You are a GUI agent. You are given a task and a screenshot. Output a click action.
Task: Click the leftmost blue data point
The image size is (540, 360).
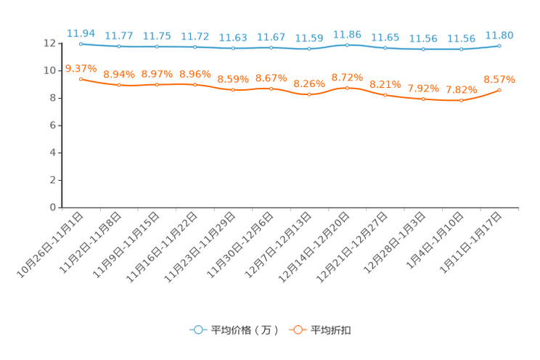coord(81,44)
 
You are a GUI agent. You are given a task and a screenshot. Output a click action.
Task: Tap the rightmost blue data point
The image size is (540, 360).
coord(499,46)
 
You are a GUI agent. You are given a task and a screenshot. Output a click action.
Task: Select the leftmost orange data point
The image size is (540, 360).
coord(81,78)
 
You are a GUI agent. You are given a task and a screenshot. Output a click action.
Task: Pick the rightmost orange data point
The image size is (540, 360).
coord(499,90)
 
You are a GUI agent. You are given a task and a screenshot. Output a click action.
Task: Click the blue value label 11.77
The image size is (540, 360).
coord(118,35)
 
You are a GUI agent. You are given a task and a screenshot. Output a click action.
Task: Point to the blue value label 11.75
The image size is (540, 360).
coord(157,35)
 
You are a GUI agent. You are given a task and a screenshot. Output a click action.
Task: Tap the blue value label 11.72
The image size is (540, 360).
coord(195,35)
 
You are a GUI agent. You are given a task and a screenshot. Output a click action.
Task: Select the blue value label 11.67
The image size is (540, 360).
coord(271,36)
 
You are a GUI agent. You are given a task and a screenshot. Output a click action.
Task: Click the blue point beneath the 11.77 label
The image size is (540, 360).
coord(118,46)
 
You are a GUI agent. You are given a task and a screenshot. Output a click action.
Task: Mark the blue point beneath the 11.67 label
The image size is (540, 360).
coord(271,48)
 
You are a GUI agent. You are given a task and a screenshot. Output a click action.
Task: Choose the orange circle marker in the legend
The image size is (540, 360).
coord(298,330)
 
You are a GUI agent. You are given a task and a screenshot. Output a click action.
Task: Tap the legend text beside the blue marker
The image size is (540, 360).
coord(245,330)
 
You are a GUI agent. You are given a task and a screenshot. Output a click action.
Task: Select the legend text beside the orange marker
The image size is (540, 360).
coord(332,330)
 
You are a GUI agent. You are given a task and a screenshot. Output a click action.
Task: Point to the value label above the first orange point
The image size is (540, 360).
coord(81,68)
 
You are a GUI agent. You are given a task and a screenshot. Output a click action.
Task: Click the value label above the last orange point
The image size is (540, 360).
coord(499,79)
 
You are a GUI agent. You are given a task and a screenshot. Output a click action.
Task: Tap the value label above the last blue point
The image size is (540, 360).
coord(499,35)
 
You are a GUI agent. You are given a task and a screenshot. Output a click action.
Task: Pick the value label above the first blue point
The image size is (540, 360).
coord(81,33)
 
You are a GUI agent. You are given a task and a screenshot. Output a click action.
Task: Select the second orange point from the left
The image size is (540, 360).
coord(118,85)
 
